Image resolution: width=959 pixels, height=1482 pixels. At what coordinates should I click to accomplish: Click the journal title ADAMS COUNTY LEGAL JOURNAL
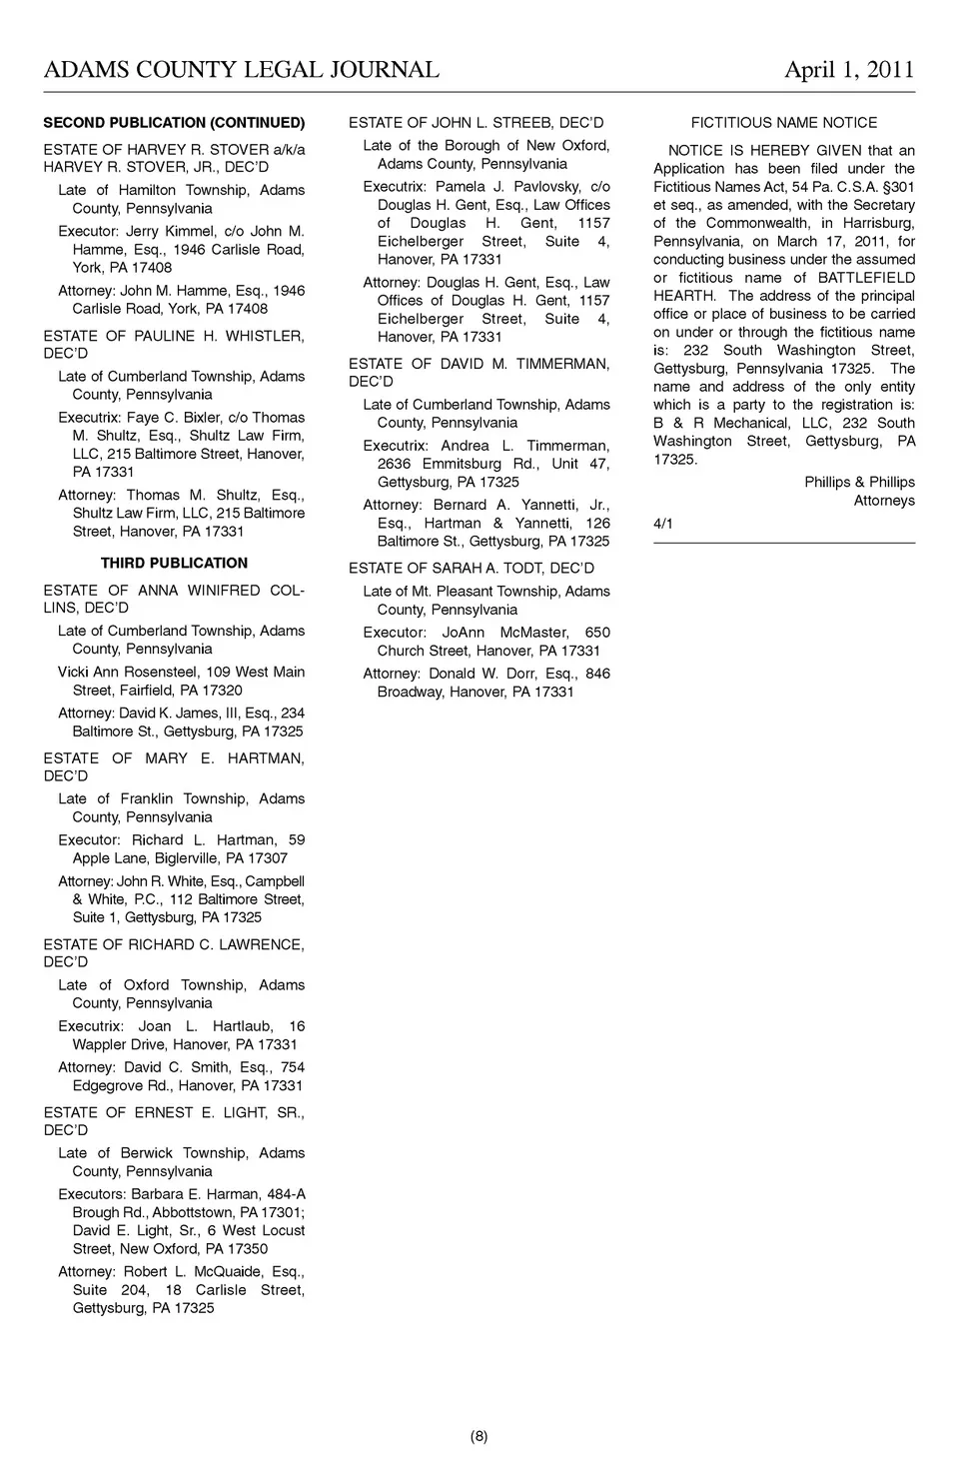pos(241,69)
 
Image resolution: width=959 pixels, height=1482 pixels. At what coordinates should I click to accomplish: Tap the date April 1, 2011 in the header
pos(849,69)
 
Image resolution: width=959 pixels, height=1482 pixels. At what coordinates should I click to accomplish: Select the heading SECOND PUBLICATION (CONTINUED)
pos(174,123)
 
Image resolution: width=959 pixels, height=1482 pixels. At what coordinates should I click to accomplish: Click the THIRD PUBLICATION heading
pos(174,563)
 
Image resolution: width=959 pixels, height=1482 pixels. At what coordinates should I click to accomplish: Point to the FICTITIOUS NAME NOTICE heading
pos(784,123)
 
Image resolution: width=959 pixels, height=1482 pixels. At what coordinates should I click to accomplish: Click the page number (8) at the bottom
pos(479,1437)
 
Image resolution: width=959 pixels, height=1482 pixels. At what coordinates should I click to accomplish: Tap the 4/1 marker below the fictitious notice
pos(663,524)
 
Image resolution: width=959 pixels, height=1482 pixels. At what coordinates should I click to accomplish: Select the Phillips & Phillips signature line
pos(859,482)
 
